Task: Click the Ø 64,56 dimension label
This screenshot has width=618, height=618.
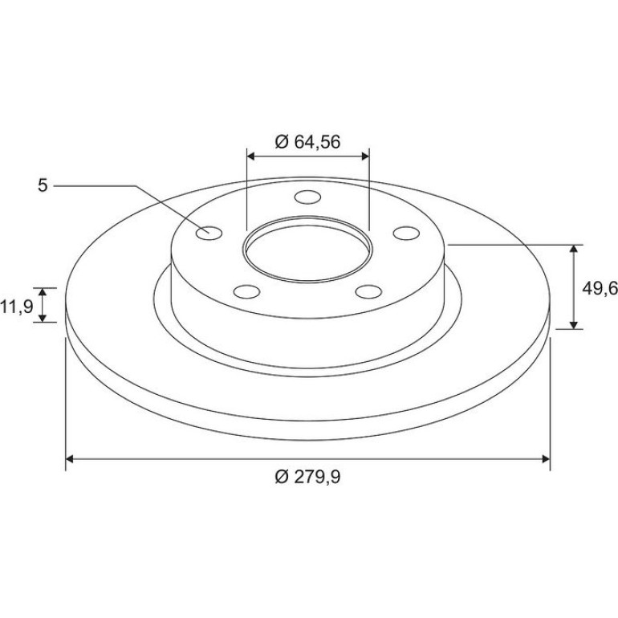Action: (x=307, y=142)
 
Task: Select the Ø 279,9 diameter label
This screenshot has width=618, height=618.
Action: (x=307, y=478)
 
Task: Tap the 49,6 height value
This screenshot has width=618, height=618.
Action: (x=600, y=289)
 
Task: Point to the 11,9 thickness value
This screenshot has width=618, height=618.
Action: (x=17, y=306)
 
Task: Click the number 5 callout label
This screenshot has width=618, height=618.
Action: (x=43, y=185)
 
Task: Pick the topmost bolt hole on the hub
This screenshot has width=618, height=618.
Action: (x=308, y=197)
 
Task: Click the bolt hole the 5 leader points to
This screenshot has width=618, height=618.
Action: (x=209, y=234)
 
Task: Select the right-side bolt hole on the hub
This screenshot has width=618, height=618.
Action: (x=406, y=233)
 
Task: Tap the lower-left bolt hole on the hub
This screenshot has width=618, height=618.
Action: (x=246, y=291)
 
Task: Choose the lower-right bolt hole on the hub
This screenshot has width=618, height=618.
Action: (x=368, y=291)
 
